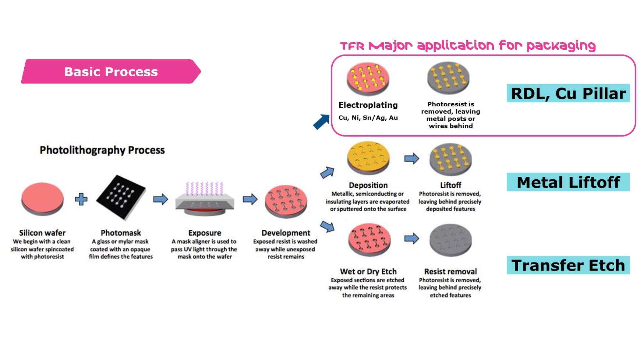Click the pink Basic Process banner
(x=111, y=71)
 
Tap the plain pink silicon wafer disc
(x=42, y=199)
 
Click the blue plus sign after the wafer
(x=81, y=199)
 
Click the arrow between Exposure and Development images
(x=250, y=199)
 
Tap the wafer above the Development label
(x=286, y=201)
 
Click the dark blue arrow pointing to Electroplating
(x=321, y=122)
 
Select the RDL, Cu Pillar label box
(x=568, y=93)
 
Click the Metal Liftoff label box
(x=568, y=182)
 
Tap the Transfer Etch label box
(x=568, y=265)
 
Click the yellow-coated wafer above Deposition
(x=368, y=158)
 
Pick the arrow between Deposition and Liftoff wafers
(x=411, y=159)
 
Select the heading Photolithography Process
(x=102, y=150)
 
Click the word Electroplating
(x=368, y=105)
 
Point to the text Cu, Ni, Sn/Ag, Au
(x=368, y=118)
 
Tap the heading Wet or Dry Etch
(x=368, y=272)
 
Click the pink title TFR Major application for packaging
(x=468, y=46)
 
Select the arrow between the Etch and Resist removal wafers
(x=411, y=239)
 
